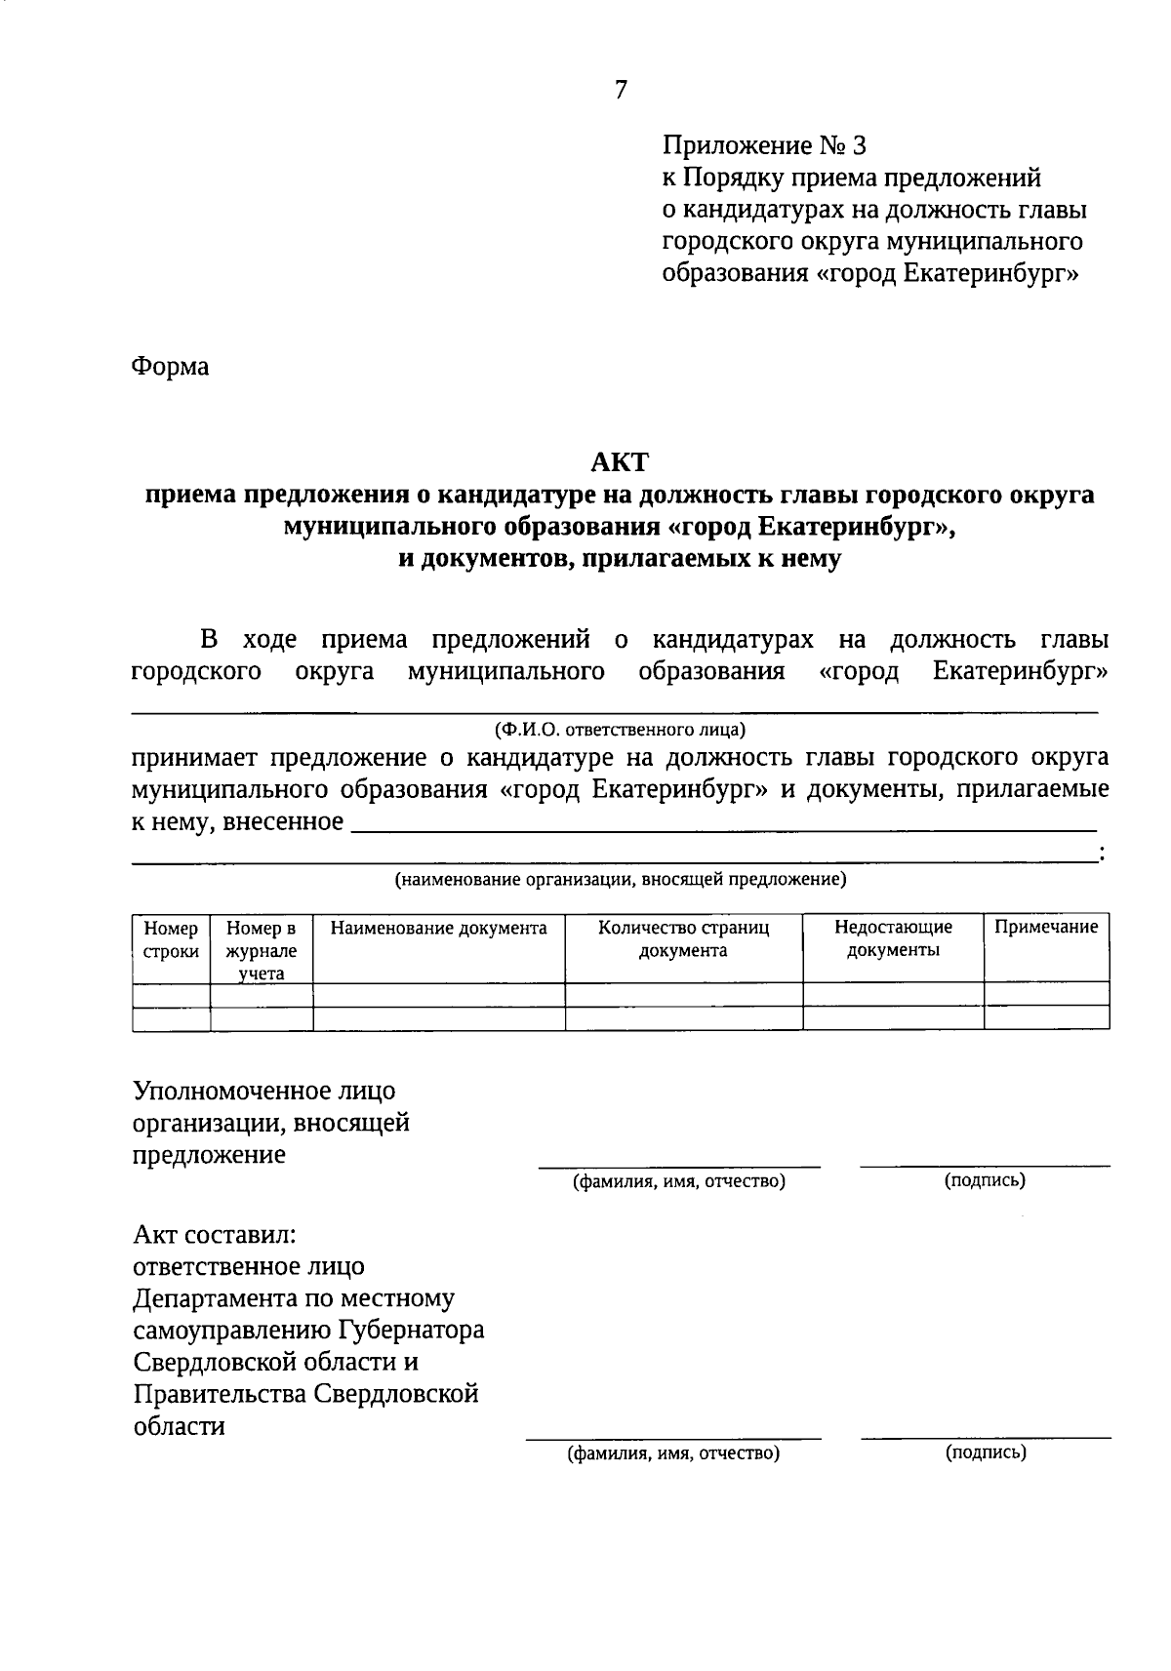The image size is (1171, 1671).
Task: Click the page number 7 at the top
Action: pyautogui.click(x=622, y=90)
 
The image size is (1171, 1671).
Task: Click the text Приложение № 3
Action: pyautogui.click(x=764, y=146)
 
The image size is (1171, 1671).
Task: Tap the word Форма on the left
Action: pyautogui.click(x=170, y=368)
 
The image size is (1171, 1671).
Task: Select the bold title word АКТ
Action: pyautogui.click(x=620, y=460)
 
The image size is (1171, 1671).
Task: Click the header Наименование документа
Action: pyautogui.click(x=439, y=929)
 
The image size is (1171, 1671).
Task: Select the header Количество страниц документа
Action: pyautogui.click(x=683, y=939)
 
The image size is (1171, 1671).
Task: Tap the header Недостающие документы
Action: pyautogui.click(x=893, y=939)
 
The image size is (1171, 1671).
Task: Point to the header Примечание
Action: pyautogui.click(x=1046, y=928)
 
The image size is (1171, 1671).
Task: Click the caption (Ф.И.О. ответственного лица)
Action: pyautogui.click(x=620, y=730)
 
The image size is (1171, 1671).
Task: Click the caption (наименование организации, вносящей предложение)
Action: pyautogui.click(x=620, y=880)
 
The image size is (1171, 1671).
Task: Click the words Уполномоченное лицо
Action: pyautogui.click(x=264, y=1091)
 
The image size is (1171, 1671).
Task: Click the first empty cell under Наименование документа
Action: pyautogui.click(x=439, y=994)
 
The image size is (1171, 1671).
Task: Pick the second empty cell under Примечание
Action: pyautogui.click(x=1046, y=1017)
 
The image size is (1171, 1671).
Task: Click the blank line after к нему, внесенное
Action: pyautogui.click(x=722, y=825)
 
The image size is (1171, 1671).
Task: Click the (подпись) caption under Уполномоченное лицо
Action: pyautogui.click(x=985, y=1181)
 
